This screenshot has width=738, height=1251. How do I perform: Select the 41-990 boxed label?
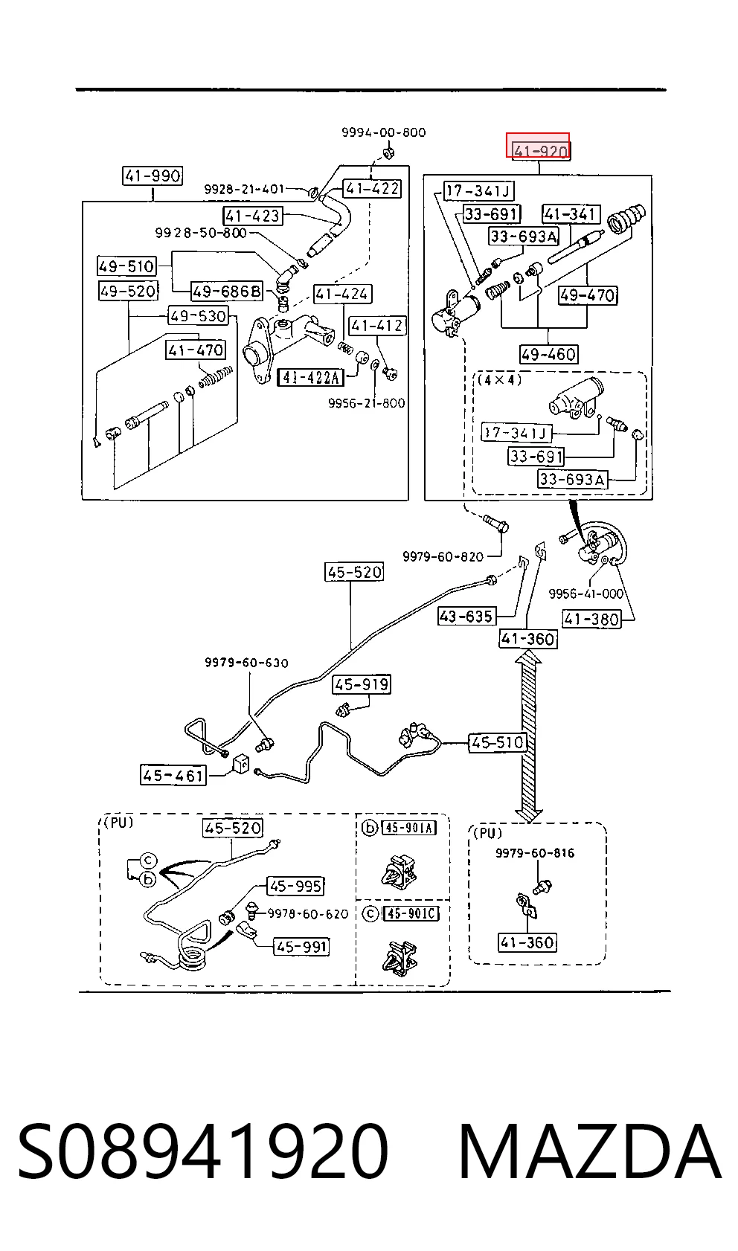coord(153,176)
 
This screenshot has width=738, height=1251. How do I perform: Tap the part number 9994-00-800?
coord(384,132)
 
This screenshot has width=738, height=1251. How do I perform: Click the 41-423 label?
coord(252,216)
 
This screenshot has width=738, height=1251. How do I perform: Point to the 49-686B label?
coord(226,291)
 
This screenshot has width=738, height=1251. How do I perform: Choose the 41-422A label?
coord(311,378)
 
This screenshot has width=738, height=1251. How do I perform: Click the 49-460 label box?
coord(548,354)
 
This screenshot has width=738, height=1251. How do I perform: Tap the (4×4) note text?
coord(499,380)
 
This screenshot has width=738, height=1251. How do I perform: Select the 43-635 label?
coord(466,617)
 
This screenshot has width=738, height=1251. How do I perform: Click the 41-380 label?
coord(591,619)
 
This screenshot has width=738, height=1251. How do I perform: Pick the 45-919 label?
coord(361,684)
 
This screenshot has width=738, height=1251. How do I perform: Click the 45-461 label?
coord(173,775)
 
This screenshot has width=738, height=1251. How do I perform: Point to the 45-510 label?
coord(497,742)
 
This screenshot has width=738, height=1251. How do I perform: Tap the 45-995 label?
coord(295,886)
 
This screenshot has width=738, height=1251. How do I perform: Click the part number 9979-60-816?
coord(535,853)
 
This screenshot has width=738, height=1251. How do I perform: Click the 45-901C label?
coord(411,913)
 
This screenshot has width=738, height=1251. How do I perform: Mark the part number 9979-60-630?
coord(246,663)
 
